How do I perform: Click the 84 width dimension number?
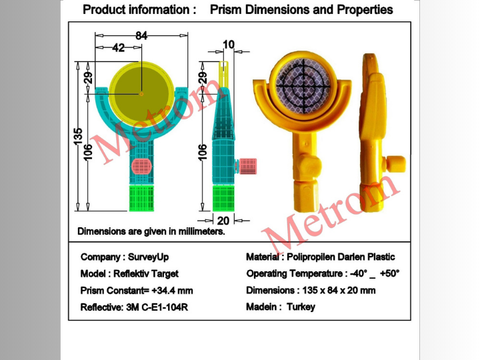(141, 35)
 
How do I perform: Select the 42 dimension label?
(119, 47)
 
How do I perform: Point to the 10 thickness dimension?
(229, 45)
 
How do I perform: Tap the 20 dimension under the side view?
(223, 221)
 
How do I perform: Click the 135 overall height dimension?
(78, 136)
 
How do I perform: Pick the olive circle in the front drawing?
(141, 94)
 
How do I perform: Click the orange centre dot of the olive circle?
(141, 94)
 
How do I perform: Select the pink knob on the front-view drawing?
(141, 167)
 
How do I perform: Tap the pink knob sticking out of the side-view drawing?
(247, 166)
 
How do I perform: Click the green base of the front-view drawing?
(141, 198)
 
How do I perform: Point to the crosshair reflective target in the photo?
(303, 86)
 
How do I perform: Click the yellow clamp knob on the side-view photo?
(395, 164)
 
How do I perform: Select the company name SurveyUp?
(148, 257)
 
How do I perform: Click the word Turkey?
(301, 307)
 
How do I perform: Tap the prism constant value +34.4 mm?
(172, 290)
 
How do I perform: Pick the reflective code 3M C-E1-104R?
(157, 307)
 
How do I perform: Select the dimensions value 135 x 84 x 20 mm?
(339, 290)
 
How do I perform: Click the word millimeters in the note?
(201, 231)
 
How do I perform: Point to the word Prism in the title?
(226, 9)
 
